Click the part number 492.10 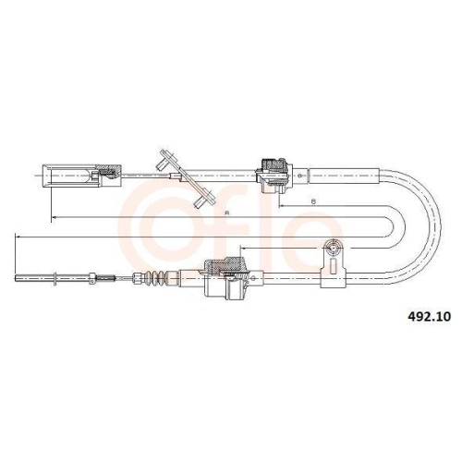click(429, 316)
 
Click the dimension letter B click(313, 201)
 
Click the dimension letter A click(227, 213)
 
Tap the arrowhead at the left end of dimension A click(53, 217)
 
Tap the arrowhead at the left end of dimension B click(281, 206)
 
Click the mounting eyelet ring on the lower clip click(333, 247)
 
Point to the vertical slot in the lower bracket click(333, 266)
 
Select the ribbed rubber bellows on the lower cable click(155, 277)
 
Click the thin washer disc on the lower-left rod click(55, 278)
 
